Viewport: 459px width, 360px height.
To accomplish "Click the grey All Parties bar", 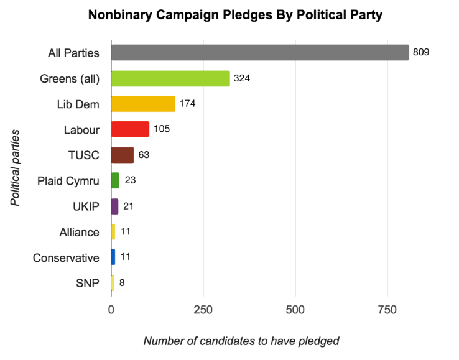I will coord(259,53).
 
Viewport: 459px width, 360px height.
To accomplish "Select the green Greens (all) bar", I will coord(170,78).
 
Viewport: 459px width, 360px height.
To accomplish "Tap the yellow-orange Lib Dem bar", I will coord(143,104).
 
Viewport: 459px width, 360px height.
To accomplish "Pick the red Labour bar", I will coord(130,129).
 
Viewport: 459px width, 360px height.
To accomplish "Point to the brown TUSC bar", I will coord(122,155).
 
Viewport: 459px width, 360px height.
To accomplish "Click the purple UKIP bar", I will coord(114,206).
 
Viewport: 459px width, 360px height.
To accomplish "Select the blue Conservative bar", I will coord(113,257).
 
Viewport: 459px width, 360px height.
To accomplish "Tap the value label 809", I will coord(421,53).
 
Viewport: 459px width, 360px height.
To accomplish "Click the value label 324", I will coord(242,78).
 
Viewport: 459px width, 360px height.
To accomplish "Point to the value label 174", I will coord(187,104).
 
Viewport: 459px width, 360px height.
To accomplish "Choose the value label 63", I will coord(144,155).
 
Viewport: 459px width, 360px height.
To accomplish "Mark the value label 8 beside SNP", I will coord(122,283).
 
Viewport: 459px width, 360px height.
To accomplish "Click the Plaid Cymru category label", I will coord(68,181).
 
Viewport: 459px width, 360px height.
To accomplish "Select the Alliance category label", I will coord(79,232).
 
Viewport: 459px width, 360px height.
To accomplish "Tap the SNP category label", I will coord(88,283).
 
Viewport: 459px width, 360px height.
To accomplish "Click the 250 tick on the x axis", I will coord(203,309).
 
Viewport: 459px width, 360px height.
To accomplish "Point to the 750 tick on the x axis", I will coord(387,309).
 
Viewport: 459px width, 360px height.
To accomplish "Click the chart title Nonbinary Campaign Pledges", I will coord(235,15).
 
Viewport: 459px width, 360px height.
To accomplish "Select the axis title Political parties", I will coord(14,168).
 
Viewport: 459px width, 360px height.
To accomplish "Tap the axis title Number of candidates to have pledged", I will coord(241,341).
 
